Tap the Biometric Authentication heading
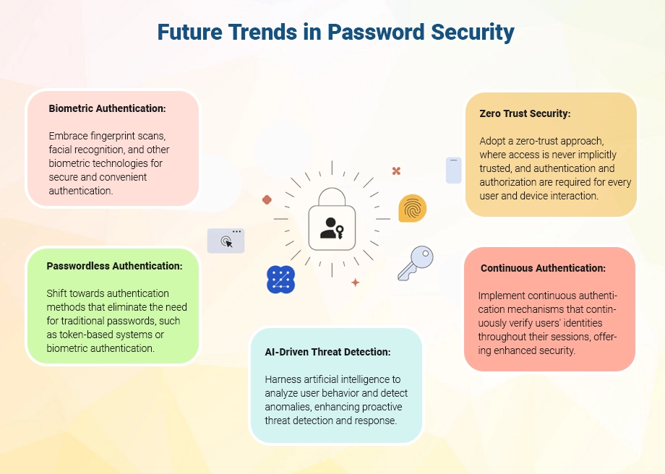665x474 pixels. pyautogui.click(x=108, y=108)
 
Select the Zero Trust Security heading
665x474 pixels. pyautogui.click(x=525, y=113)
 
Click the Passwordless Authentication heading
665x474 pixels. pyautogui.click(x=114, y=266)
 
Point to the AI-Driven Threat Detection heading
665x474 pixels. pyautogui.click(x=328, y=352)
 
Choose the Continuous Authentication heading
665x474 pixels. pyautogui.click(x=543, y=268)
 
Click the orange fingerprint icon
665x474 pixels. pyautogui.click(x=412, y=209)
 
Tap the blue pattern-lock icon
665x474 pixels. pyautogui.click(x=280, y=280)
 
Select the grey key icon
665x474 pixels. pyautogui.click(x=416, y=262)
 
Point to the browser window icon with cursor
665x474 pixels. pyautogui.click(x=226, y=241)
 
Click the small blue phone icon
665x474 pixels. pyautogui.click(x=453, y=170)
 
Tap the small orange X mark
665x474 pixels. pyautogui.click(x=396, y=171)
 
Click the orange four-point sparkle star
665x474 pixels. pyautogui.click(x=355, y=283)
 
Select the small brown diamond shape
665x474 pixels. pyautogui.click(x=267, y=199)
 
